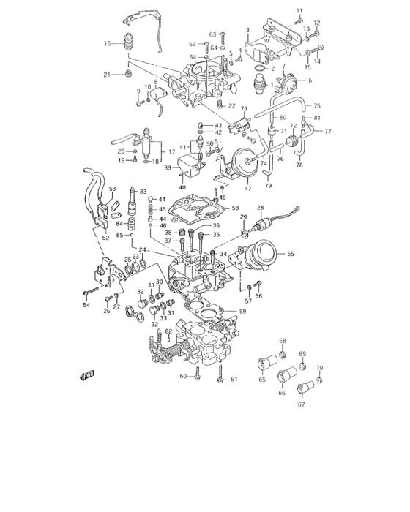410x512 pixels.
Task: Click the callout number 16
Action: [x=108, y=44]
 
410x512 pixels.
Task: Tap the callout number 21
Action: [x=107, y=75]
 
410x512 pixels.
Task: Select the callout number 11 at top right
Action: [x=299, y=10]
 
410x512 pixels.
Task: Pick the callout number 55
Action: [x=291, y=254]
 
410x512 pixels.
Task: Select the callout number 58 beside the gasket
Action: [x=235, y=208]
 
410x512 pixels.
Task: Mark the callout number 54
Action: [x=86, y=304]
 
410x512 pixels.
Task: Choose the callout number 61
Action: [x=234, y=379]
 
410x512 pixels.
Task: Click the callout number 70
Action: [x=318, y=367]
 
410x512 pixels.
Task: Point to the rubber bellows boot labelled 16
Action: [x=130, y=43]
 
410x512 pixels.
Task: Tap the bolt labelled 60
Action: [x=199, y=376]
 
